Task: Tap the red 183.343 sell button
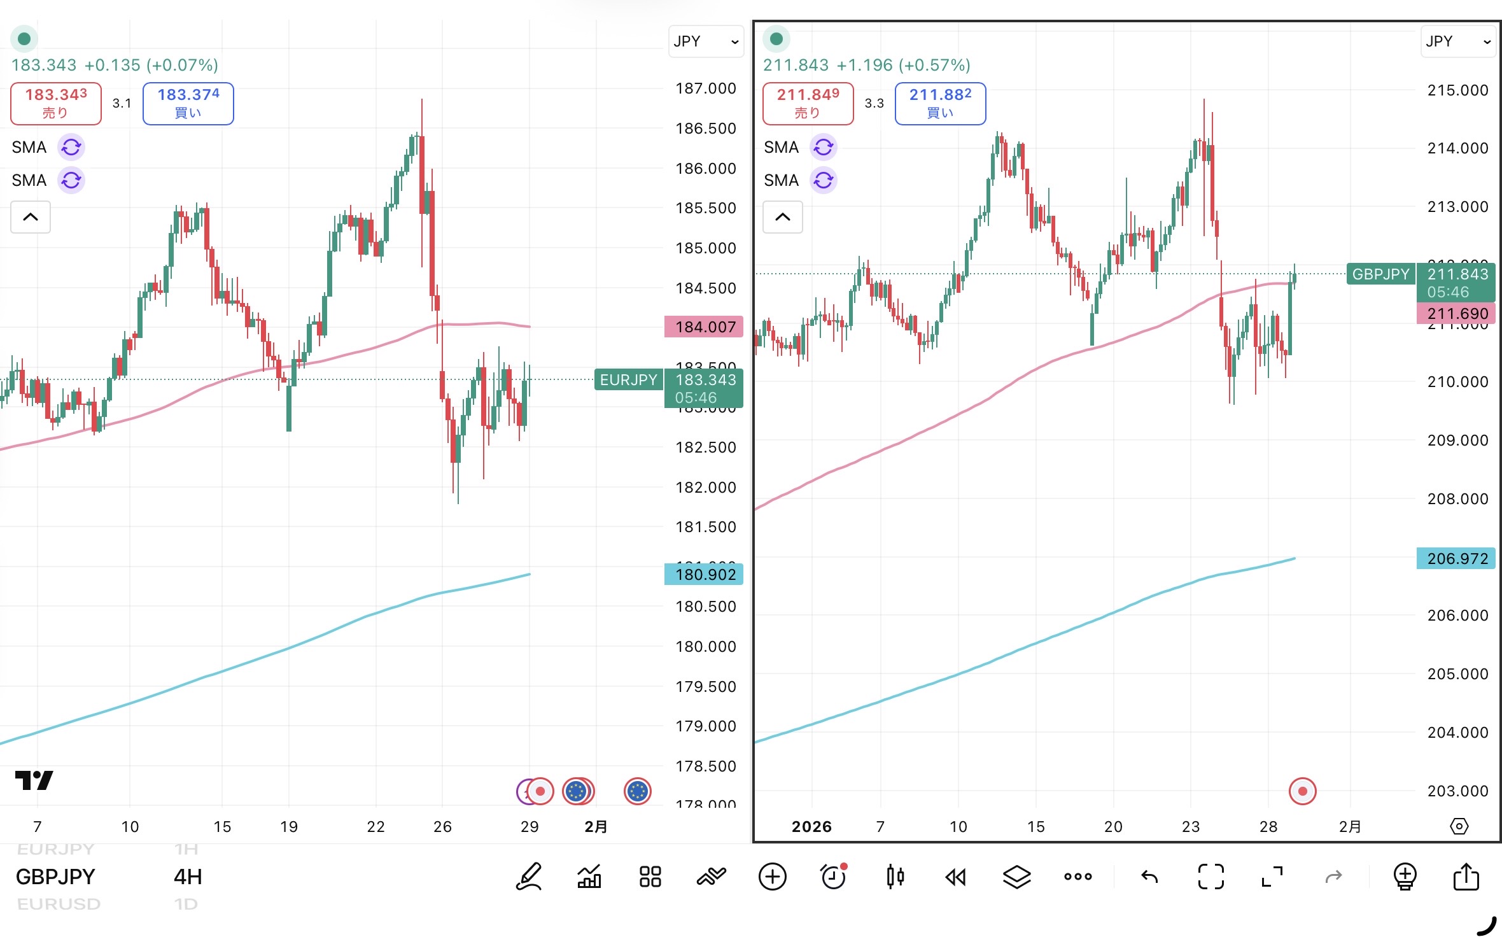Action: click(56, 104)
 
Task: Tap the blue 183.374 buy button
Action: click(188, 104)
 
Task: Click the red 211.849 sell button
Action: click(808, 104)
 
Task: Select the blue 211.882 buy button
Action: click(940, 104)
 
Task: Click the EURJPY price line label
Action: click(628, 380)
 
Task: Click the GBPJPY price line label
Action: click(1380, 274)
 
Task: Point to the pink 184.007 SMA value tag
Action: click(704, 327)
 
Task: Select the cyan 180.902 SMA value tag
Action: click(704, 575)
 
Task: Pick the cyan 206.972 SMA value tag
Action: click(1456, 559)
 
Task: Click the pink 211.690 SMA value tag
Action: click(1456, 314)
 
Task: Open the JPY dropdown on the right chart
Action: click(1457, 41)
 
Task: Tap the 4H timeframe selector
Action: click(188, 877)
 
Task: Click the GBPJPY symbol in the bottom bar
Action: click(55, 877)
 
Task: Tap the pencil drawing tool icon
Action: click(529, 877)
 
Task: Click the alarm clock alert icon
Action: click(833, 877)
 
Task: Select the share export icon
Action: click(1466, 877)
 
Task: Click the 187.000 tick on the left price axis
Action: click(705, 88)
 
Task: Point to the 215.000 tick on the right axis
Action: click(1457, 90)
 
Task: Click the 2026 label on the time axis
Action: click(811, 827)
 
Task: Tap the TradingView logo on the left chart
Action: click(34, 780)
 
